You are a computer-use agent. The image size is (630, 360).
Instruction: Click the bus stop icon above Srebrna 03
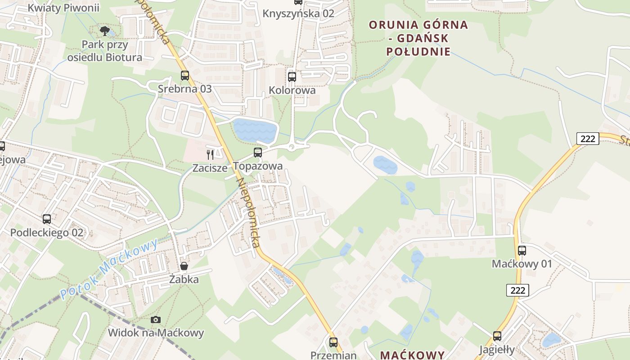click(184, 75)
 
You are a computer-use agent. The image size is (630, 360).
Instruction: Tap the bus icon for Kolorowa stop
click(292, 76)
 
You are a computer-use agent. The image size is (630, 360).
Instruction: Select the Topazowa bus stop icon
click(258, 153)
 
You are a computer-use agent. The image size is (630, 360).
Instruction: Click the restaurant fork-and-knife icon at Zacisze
click(210, 155)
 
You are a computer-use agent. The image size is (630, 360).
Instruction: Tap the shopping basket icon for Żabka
click(184, 266)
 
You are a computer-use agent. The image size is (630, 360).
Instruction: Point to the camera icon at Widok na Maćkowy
click(156, 319)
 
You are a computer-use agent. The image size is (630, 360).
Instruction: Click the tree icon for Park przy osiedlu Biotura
click(105, 31)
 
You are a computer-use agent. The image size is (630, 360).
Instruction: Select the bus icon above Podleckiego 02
click(47, 219)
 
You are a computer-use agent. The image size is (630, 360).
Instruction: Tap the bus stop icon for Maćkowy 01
click(522, 250)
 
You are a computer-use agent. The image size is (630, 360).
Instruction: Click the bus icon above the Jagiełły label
click(497, 336)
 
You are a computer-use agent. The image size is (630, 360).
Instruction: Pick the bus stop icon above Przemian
click(333, 342)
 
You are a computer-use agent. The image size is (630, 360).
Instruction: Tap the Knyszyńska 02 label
click(298, 13)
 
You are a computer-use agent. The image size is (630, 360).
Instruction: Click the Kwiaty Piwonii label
click(63, 8)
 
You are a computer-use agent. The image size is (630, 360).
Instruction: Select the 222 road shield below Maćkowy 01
click(518, 290)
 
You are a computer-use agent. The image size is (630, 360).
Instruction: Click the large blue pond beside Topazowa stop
click(254, 130)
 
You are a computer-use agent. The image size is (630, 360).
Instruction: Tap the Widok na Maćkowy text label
click(156, 333)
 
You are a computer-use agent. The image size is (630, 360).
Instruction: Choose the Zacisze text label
click(210, 168)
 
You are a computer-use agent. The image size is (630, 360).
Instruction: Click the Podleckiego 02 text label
click(47, 233)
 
